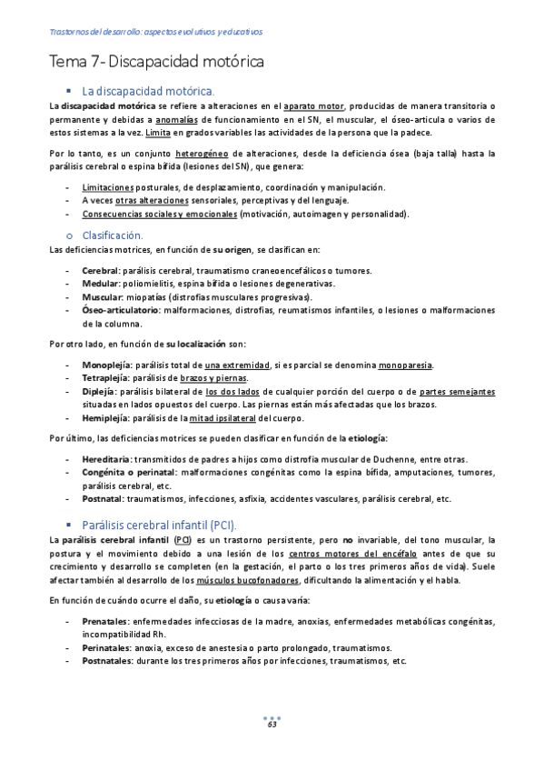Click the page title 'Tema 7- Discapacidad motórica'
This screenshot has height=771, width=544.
156,63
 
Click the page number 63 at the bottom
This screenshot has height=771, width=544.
272,724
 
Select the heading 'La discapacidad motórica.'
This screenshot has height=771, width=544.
148,92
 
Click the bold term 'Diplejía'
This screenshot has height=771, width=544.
99,392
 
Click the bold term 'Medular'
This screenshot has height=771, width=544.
99,284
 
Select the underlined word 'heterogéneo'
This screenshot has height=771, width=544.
202,154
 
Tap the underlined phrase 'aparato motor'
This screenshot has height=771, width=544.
314,106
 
